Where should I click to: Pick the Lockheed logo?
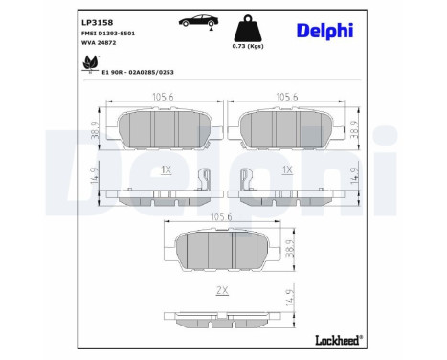[339, 340]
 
